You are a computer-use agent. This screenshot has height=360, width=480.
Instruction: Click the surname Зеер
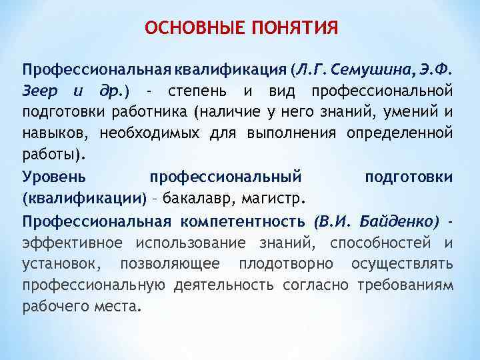[x=41, y=90]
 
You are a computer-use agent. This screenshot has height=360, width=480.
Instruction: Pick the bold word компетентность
[x=241, y=219]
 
